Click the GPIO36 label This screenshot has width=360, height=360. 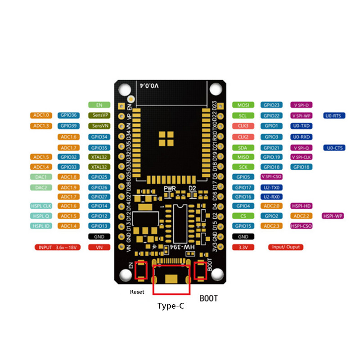tap(69, 116)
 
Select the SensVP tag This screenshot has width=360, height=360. tap(99, 116)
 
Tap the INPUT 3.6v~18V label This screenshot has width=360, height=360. tap(57, 247)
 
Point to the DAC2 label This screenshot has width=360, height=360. tap(41, 187)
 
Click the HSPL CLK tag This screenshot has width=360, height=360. tap(41, 206)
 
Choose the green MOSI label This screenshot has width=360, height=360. tap(243, 105)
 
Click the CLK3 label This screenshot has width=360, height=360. tap(243, 126)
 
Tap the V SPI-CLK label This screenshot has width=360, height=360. tap(301, 157)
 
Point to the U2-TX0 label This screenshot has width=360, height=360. tap(272, 187)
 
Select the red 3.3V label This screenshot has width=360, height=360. tap(243, 247)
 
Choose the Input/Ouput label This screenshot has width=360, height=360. tap(286, 247)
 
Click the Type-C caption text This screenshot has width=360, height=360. tap(171, 306)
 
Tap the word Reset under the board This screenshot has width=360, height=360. tap(137, 292)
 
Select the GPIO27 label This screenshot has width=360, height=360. tap(99, 197)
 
